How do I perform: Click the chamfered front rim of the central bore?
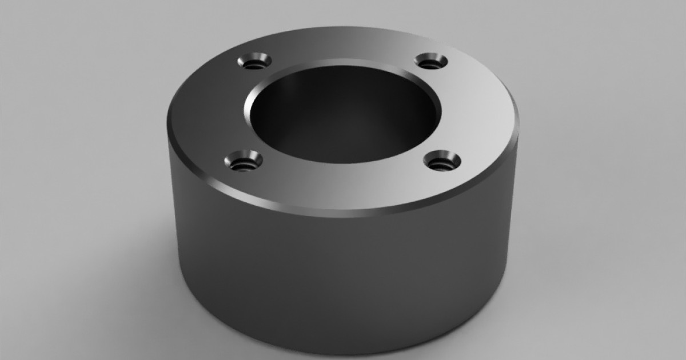(343, 164)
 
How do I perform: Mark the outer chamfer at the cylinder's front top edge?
(343, 213)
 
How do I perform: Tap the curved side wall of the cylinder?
(343, 274)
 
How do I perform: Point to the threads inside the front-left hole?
(243, 165)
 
